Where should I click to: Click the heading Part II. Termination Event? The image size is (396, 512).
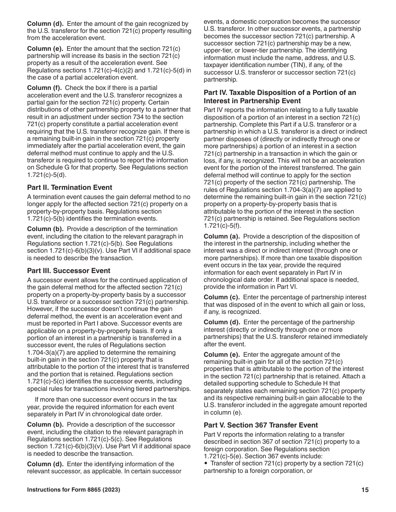70,187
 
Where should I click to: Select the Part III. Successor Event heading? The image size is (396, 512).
69,271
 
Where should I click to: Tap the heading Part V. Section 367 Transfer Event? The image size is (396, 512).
261,425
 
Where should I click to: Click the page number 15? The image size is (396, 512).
365,490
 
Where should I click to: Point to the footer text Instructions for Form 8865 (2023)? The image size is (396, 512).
74,490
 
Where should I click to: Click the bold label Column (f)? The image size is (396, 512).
44,88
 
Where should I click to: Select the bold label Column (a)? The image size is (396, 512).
221,236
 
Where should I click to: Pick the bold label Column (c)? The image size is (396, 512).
221,297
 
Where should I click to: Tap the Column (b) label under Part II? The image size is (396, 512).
45,229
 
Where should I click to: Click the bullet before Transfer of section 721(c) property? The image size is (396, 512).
206,463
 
